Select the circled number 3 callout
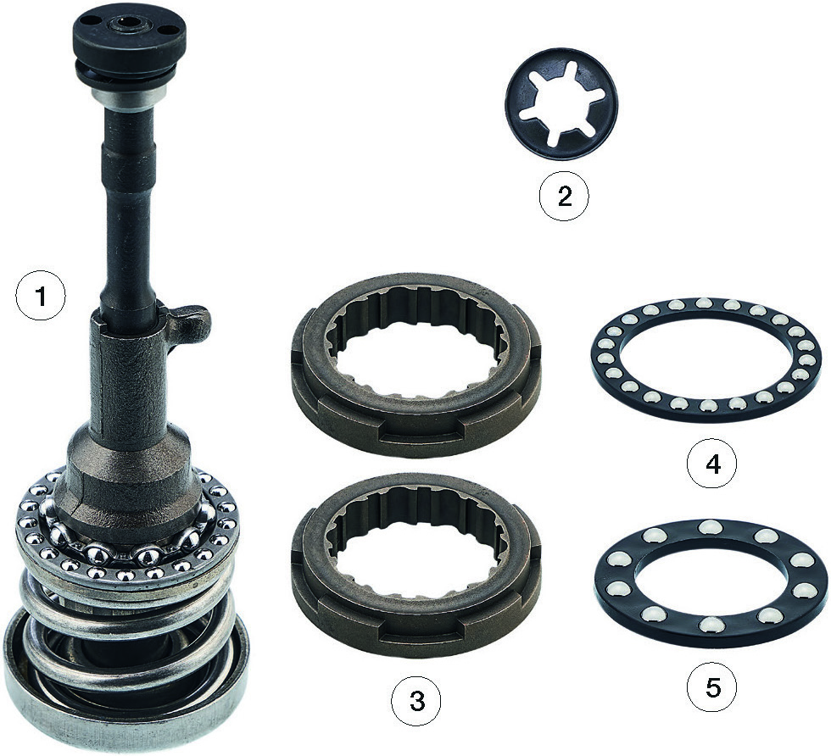pos(416,702)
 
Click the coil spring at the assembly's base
pos(127,631)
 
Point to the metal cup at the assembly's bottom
pos(127,704)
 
